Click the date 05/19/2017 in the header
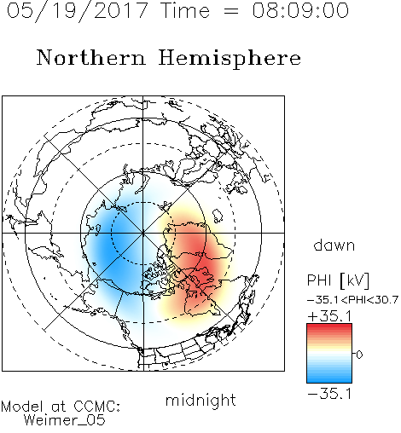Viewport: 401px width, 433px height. point(77,10)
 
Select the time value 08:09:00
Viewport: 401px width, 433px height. point(300,10)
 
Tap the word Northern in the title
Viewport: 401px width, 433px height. point(91,57)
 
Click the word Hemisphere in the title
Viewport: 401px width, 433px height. point(230,59)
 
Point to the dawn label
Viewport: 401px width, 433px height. point(334,245)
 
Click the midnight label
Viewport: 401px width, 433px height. point(200,401)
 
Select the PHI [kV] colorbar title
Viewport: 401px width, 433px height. point(338,280)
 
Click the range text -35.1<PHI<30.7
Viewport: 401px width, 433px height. point(352,300)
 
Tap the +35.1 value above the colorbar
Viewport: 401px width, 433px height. point(329,316)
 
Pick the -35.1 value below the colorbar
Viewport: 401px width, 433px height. point(329,394)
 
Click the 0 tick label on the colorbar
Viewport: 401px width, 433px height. point(359,355)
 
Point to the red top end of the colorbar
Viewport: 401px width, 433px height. point(329,326)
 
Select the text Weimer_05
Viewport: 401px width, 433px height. point(65,420)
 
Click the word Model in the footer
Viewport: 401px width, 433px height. point(22,407)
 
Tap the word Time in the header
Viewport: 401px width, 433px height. point(185,11)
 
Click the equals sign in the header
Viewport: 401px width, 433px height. point(230,12)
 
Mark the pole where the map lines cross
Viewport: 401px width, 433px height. point(143,234)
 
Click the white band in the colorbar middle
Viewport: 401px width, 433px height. point(329,354)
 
